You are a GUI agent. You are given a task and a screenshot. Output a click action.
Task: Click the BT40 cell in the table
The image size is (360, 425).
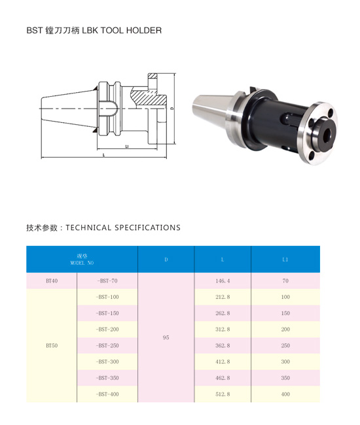pyautogui.click(x=52, y=280)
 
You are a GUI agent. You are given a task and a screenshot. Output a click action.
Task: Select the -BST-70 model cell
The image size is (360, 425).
pyautogui.click(x=107, y=280)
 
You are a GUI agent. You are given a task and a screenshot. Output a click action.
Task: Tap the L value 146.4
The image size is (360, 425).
pyautogui.click(x=223, y=280)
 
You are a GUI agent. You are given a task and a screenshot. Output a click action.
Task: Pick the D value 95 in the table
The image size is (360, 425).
pyautogui.click(x=166, y=337)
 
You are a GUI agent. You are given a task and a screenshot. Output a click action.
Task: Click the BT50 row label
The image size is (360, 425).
pyautogui.click(x=52, y=346)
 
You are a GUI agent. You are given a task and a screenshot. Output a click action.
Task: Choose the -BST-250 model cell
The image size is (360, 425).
pyautogui.click(x=107, y=346)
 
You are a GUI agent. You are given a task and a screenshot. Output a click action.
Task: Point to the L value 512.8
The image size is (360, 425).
pyautogui.click(x=223, y=394)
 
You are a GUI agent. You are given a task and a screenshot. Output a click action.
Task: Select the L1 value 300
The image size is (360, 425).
pyautogui.click(x=285, y=362)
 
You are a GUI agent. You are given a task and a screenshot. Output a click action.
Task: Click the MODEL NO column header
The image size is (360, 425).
pyautogui.click(x=82, y=263)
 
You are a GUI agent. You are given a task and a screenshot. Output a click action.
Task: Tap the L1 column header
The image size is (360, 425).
pyautogui.click(x=285, y=260)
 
